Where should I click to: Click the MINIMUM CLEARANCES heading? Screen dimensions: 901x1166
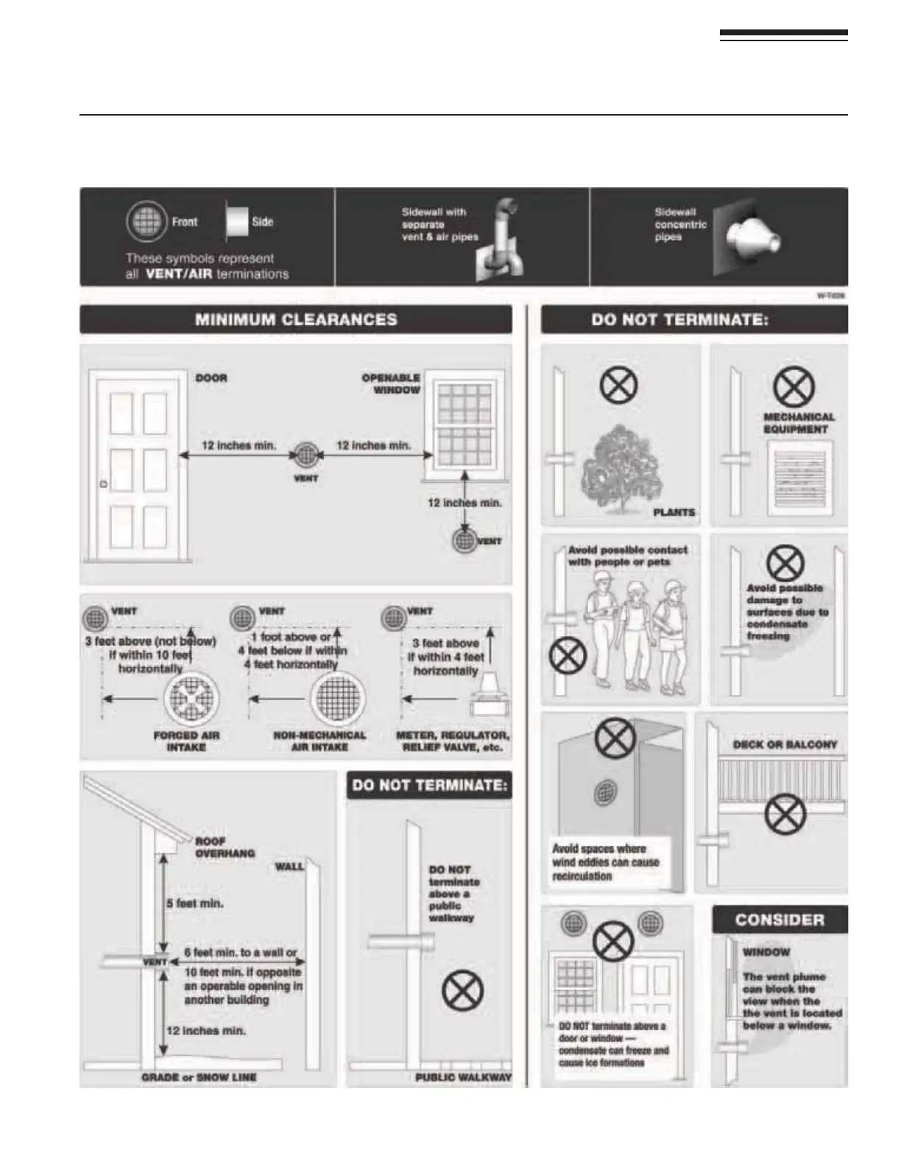click(296, 320)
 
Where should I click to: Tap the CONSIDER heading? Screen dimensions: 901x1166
click(780, 920)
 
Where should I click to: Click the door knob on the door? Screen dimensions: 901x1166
click(104, 484)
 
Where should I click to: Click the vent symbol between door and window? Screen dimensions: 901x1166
click(306, 455)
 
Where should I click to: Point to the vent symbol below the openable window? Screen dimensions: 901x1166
click(464, 540)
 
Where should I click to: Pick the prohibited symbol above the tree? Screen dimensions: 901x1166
click(618, 385)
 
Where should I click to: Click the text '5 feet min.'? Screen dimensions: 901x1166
click(195, 903)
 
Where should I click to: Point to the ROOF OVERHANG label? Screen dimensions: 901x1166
click(225, 847)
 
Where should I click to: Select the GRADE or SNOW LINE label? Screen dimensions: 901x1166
click(199, 1078)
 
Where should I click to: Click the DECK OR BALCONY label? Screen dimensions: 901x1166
click(785, 744)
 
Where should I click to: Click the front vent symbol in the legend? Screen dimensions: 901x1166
click(145, 221)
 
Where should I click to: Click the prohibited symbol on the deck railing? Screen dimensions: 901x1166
click(785, 815)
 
